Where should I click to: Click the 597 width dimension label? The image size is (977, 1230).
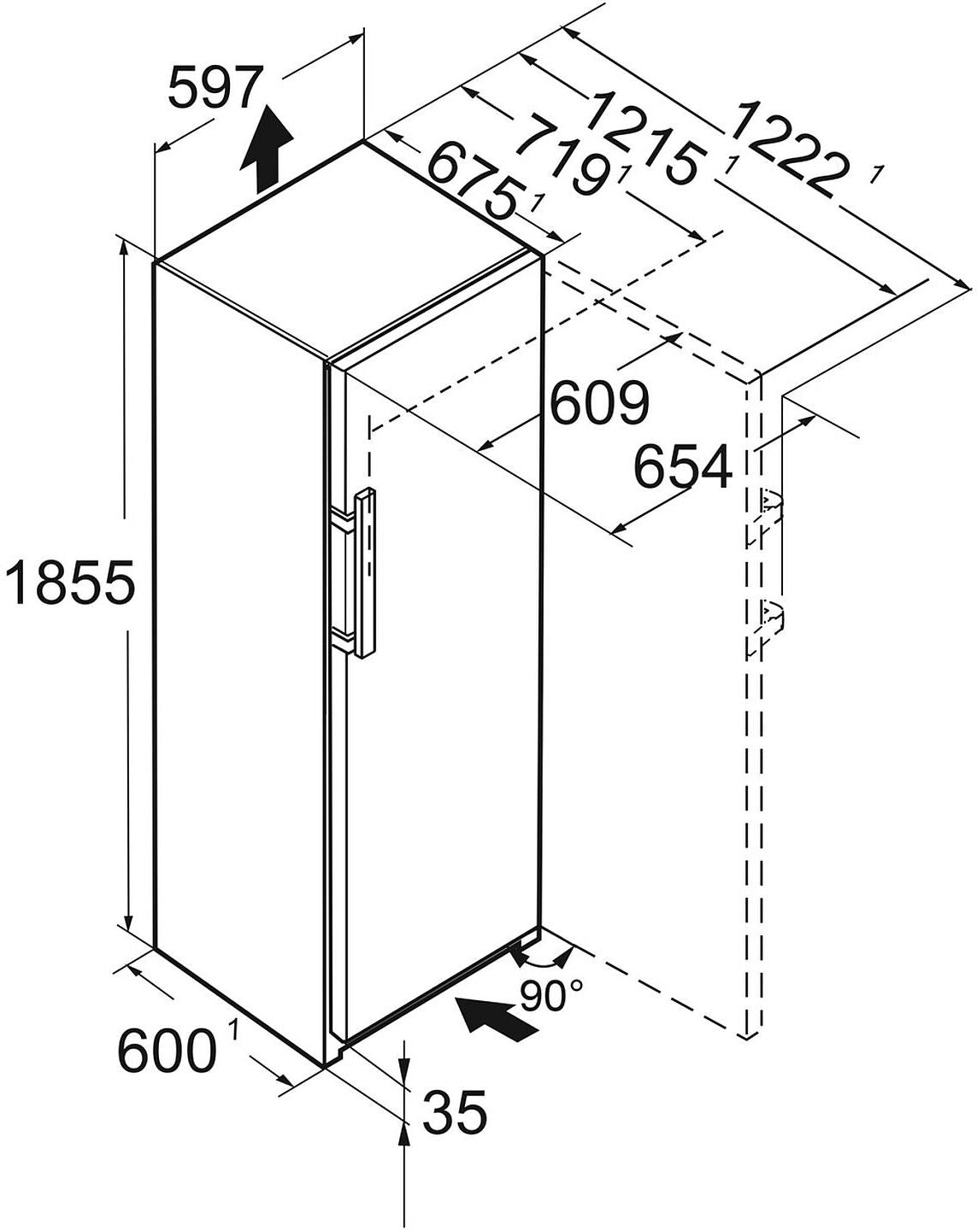(213, 89)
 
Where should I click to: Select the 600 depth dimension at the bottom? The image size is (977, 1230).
(166, 1050)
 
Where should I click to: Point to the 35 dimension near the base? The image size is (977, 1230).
(456, 1111)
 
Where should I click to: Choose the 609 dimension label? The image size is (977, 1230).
(599, 403)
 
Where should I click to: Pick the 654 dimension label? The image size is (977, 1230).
(683, 466)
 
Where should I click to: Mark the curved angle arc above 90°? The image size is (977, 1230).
(540, 960)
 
